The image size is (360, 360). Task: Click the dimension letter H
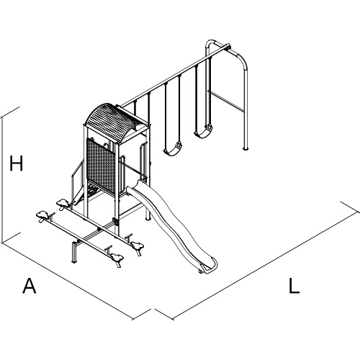(x=16, y=163)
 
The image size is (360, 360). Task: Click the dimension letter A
(x=30, y=286)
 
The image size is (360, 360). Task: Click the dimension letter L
(x=294, y=286)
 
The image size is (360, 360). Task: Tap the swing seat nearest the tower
(x=173, y=149)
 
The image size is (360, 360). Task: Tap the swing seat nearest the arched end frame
(x=203, y=132)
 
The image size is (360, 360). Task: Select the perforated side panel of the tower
(x=101, y=166)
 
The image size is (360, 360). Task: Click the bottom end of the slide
(x=210, y=266)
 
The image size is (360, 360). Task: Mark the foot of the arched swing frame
(x=245, y=148)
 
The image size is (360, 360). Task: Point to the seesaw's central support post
(x=74, y=252)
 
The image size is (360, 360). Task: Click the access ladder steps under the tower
(x=92, y=191)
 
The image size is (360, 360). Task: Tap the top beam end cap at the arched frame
(x=228, y=46)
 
